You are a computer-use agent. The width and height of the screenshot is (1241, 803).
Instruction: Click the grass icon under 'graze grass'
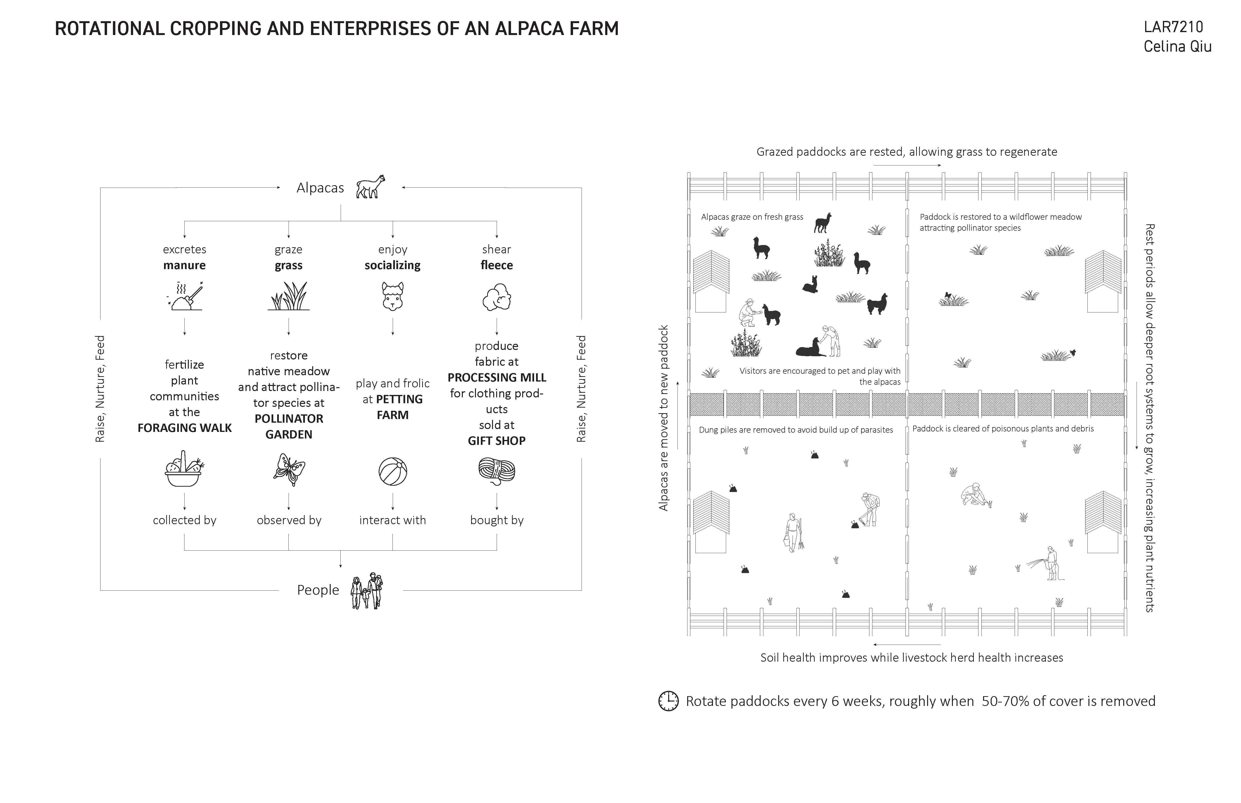[289, 296]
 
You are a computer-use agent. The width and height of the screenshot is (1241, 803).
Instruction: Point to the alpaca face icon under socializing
[393, 296]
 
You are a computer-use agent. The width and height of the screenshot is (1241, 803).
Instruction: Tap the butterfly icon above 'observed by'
[289, 469]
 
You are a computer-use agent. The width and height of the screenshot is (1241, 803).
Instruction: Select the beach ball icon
[393, 471]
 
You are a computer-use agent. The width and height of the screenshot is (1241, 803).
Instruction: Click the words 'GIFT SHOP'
[496, 441]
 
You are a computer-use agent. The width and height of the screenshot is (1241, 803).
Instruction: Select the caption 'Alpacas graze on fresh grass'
[752, 217]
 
